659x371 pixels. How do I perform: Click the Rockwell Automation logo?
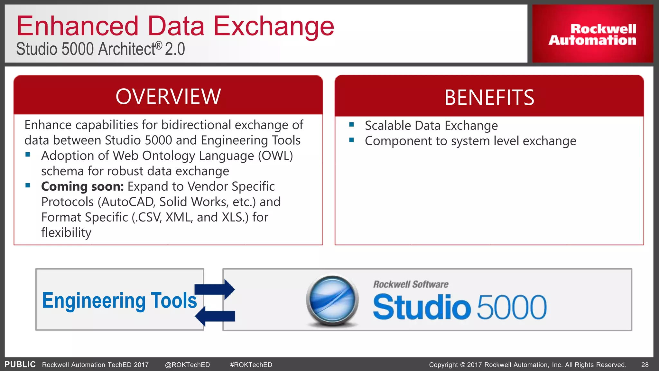(592, 34)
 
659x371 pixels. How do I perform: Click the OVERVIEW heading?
(168, 96)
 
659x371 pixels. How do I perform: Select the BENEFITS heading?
(489, 97)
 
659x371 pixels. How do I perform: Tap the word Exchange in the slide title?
(274, 26)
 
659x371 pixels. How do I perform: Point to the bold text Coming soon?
(82, 186)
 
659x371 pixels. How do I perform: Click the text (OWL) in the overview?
(275, 156)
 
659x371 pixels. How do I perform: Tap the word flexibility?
(66, 233)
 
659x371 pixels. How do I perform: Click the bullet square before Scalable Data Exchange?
(351, 125)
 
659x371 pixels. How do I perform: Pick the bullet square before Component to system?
(351, 140)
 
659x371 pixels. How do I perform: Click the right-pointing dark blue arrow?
(215, 289)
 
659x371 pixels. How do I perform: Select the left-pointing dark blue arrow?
(215, 316)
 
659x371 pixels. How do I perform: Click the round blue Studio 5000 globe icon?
(332, 300)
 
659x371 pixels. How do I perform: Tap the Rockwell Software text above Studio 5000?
(411, 284)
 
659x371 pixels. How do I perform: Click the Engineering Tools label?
(119, 300)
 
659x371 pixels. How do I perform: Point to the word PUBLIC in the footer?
(20, 365)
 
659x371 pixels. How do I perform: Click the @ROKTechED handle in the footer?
(187, 365)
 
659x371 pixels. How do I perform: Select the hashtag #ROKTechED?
(251, 365)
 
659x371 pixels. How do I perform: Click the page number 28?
(645, 365)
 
